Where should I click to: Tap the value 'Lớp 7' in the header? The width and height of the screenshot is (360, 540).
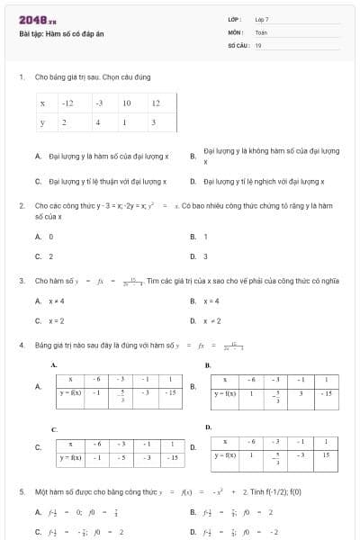[x=262, y=19]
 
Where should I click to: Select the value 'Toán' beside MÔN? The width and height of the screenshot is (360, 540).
[x=261, y=31]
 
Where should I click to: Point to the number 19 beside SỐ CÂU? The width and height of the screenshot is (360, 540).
[x=258, y=44]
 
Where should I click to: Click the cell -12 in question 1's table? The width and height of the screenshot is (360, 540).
[x=68, y=103]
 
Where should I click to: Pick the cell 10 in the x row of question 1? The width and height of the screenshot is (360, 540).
[x=127, y=103]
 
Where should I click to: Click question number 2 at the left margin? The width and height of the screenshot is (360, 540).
[x=22, y=206]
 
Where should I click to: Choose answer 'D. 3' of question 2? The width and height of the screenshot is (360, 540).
[x=199, y=256]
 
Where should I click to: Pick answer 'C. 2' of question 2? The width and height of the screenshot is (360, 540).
[x=44, y=256]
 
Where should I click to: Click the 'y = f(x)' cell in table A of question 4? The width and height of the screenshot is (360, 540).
[x=71, y=392]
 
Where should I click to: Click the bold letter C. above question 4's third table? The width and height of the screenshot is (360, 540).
[x=54, y=429]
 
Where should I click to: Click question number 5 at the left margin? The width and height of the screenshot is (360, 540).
[x=22, y=492]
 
